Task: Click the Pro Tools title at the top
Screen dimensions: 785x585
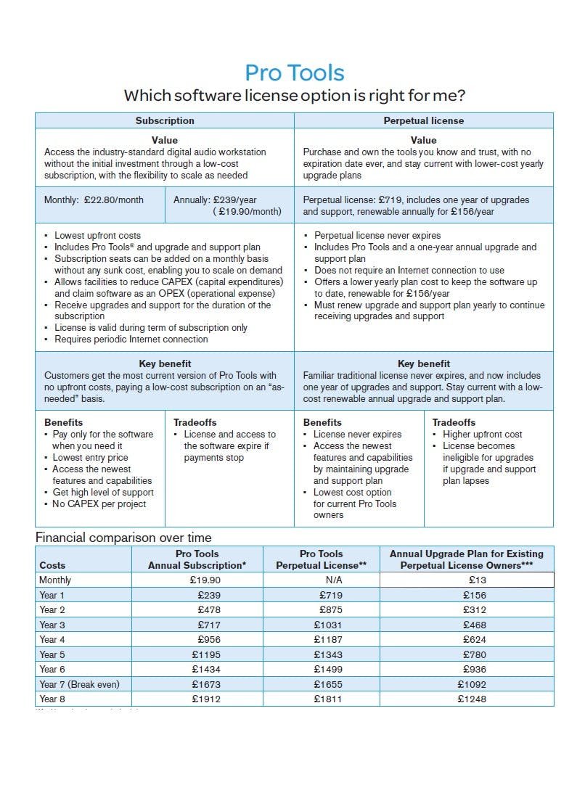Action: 294,73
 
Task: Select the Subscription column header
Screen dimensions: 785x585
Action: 165,120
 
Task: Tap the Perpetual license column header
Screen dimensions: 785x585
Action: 423,120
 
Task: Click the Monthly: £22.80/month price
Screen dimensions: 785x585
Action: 94,200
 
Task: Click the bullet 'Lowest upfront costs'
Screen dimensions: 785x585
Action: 97,235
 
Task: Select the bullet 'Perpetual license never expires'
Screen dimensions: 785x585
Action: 377,235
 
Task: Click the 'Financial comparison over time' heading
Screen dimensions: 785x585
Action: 123,538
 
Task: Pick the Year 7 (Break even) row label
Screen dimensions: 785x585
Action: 79,684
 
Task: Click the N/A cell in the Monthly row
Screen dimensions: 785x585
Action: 329,580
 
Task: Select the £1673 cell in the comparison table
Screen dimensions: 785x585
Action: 206,684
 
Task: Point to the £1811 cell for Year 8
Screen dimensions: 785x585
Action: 328,699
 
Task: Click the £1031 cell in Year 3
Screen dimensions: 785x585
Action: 328,625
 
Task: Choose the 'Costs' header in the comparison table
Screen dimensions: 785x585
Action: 52,565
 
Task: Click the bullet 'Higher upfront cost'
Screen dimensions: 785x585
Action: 482,435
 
